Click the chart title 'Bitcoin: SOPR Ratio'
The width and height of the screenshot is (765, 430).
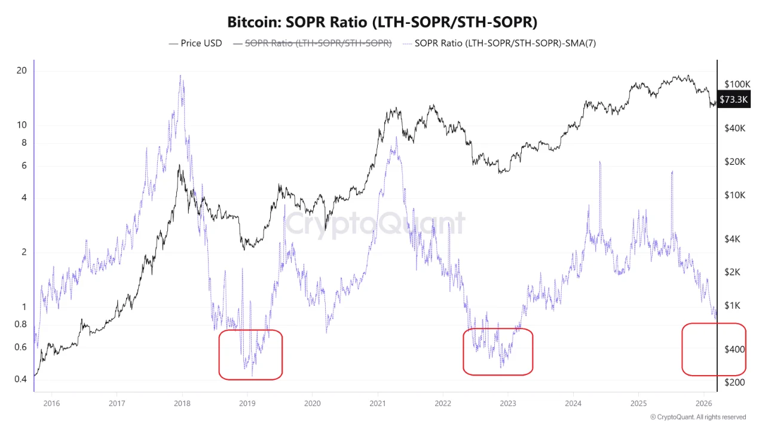click(382, 23)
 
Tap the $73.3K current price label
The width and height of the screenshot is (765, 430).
click(733, 99)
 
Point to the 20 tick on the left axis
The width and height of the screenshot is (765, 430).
click(22, 70)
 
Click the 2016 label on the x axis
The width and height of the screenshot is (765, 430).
click(51, 403)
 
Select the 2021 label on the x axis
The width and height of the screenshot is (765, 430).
click(377, 403)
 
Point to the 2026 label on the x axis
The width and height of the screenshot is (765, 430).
click(703, 403)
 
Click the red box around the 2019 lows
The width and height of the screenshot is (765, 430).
click(250, 354)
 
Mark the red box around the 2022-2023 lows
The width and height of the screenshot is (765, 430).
click(497, 351)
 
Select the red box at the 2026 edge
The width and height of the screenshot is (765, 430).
click(714, 349)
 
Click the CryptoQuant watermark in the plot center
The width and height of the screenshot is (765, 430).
click(374, 224)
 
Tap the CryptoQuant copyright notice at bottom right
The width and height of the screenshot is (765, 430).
click(697, 417)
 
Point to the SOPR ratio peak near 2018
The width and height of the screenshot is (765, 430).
click(180, 76)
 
